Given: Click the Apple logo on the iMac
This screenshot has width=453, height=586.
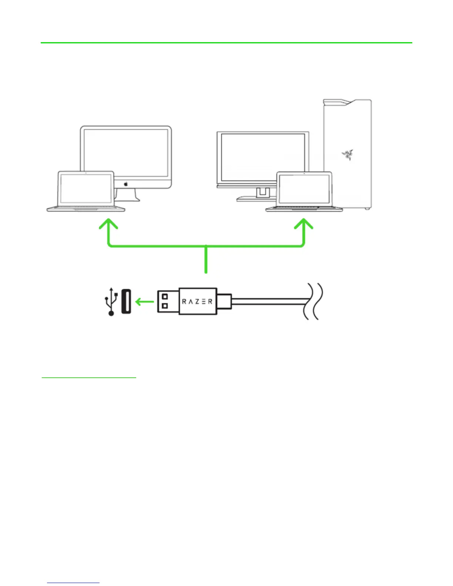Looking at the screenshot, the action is point(126,183).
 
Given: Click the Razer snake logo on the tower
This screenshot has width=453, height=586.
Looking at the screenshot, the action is point(348,155).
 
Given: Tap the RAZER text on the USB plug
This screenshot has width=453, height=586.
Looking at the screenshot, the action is point(197,302).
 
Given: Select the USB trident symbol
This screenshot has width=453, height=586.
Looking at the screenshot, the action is point(111,301).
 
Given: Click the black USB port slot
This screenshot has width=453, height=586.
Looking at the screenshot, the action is point(126,301).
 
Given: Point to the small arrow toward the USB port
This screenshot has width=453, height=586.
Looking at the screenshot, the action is point(144,302).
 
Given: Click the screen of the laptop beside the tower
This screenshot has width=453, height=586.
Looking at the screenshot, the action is point(304,189).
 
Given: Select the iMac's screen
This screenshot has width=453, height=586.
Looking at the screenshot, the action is point(126,152).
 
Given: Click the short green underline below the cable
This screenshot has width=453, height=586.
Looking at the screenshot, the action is point(89,378).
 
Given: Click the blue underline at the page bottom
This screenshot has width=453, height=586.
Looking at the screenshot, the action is point(73,583).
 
